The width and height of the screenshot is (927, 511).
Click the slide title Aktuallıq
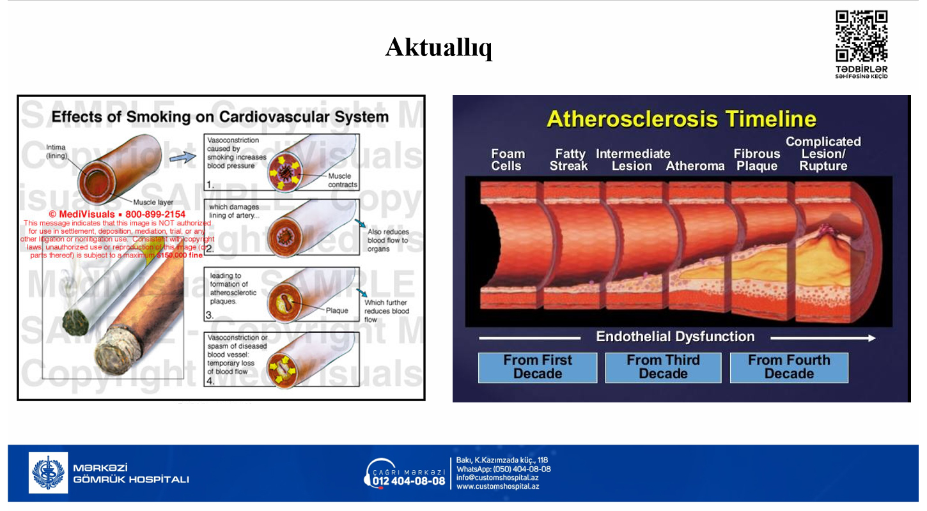(x=439, y=47)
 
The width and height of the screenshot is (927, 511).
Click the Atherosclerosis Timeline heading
(x=681, y=119)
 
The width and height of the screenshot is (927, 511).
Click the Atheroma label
(x=695, y=166)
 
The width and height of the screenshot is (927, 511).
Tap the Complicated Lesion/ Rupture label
(x=823, y=154)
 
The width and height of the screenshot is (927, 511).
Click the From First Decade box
(x=538, y=367)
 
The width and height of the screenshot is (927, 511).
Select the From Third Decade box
(x=663, y=367)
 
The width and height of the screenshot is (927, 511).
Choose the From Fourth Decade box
(x=789, y=367)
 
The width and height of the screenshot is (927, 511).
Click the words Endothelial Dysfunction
(x=675, y=337)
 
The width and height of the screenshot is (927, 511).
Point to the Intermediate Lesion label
(x=632, y=160)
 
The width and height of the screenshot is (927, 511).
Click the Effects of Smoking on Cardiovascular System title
(x=220, y=117)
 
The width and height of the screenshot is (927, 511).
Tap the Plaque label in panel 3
(x=337, y=310)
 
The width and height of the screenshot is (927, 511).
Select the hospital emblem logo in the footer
(x=48, y=473)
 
